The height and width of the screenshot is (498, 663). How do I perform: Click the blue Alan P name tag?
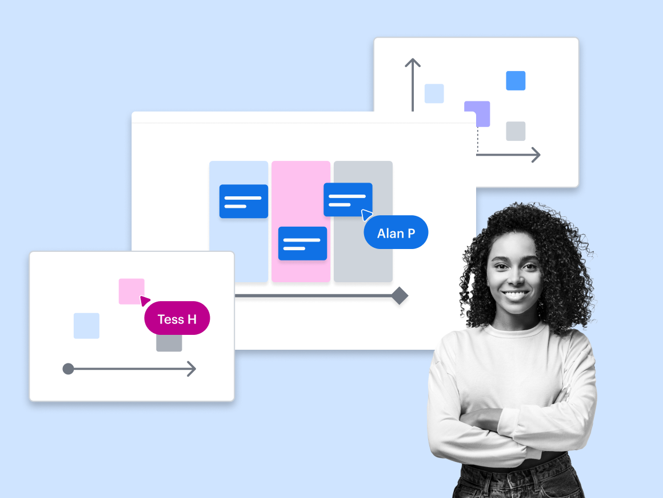396,232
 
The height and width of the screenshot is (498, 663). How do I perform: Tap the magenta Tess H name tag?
177,318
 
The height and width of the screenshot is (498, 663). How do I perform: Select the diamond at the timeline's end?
400,296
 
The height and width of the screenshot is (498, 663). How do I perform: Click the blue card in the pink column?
302,243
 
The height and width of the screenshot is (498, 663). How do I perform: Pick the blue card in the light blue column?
243,201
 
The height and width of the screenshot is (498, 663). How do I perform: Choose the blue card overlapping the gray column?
348,199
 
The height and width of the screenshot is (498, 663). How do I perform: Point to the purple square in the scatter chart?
477,113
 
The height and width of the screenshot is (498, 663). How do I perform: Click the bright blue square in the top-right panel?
516,81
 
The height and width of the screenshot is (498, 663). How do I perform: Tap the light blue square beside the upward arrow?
434,93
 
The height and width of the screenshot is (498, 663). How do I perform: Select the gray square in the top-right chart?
516,131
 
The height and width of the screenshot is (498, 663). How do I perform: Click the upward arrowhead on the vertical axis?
413,62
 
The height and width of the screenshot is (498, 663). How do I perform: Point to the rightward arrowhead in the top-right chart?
535,155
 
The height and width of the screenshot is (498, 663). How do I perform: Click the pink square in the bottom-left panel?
131,291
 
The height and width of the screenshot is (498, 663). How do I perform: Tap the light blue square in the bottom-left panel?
86,326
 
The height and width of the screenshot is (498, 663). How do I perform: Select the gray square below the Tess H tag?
169,343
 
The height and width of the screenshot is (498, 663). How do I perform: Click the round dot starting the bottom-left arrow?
68,369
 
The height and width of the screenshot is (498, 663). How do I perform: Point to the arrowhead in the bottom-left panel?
191,369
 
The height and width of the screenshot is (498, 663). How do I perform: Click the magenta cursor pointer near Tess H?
145,301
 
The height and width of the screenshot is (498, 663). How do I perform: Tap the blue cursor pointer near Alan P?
366,215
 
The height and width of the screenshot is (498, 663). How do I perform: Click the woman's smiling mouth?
515,295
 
